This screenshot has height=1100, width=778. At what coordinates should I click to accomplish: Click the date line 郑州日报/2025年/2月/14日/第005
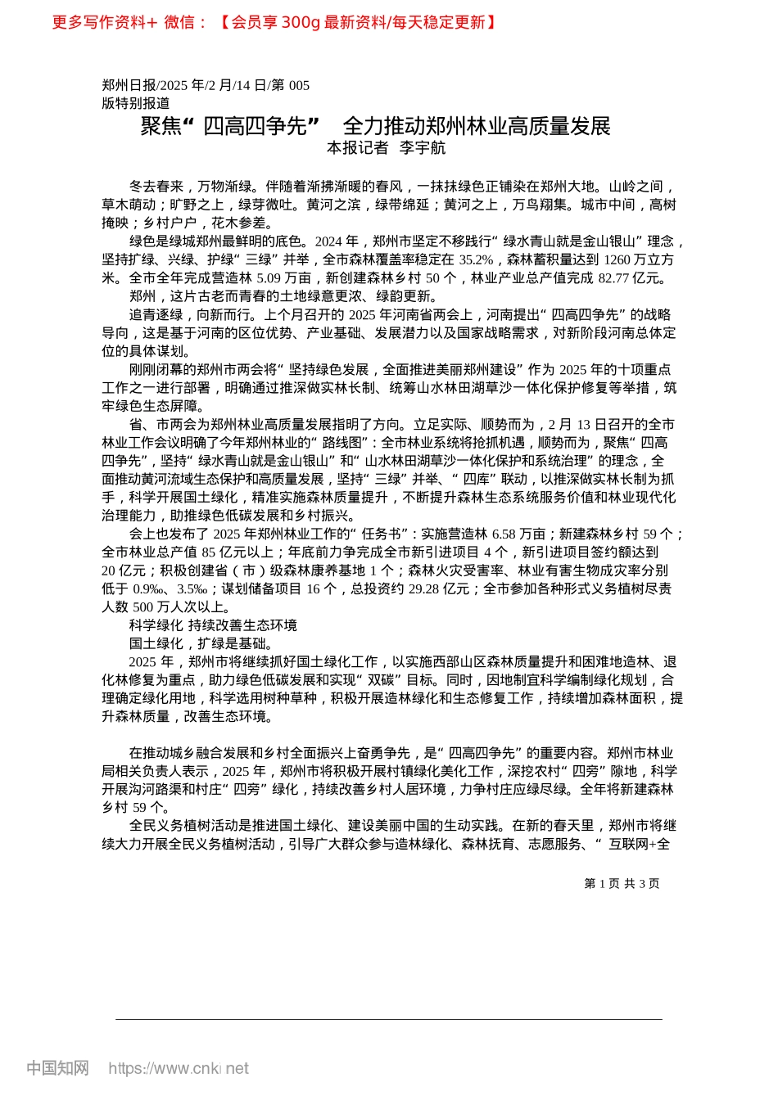click(206, 85)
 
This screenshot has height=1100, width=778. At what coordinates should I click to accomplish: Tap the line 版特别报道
click(136, 103)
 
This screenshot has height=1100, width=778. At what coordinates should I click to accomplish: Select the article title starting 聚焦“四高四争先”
click(376, 126)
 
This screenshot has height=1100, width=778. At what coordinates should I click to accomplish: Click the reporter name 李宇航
click(423, 148)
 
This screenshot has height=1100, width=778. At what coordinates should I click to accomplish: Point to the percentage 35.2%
click(476, 259)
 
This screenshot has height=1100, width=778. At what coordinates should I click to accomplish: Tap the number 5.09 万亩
click(283, 278)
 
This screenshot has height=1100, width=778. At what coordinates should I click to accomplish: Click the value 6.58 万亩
click(518, 534)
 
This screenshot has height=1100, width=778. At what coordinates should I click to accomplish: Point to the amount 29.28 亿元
click(438, 588)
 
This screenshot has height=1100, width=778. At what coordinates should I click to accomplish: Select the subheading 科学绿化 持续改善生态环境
click(213, 625)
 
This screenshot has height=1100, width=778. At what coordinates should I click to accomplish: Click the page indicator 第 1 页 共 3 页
click(622, 884)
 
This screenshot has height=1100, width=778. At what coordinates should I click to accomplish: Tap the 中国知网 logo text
click(57, 1068)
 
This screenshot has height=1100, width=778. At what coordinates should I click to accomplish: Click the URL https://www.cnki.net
click(179, 1068)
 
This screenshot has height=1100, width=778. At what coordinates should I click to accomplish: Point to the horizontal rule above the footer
click(389, 1019)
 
